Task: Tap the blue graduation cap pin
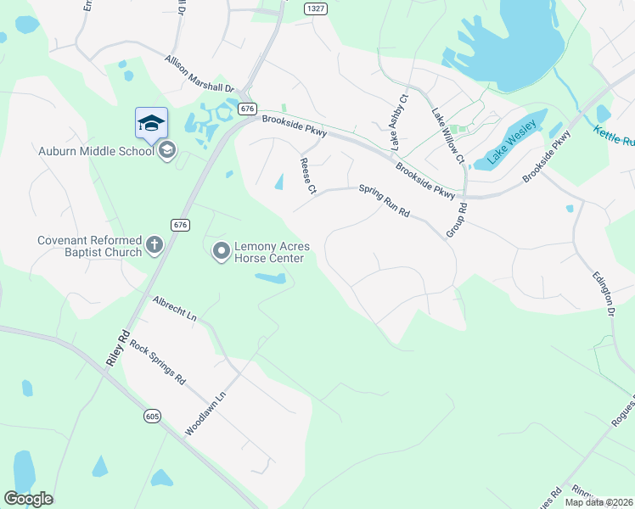(x=151, y=122)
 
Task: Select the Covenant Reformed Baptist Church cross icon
(x=154, y=245)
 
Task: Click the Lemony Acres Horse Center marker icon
(x=221, y=250)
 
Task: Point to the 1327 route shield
(x=316, y=8)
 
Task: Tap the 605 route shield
(x=152, y=416)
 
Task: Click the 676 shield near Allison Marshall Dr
(x=247, y=109)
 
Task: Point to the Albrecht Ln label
(x=174, y=308)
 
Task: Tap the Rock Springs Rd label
(x=157, y=363)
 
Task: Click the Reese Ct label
(x=306, y=175)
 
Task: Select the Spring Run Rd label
(x=384, y=201)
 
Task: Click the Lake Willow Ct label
(x=447, y=137)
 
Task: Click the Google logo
(x=28, y=499)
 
